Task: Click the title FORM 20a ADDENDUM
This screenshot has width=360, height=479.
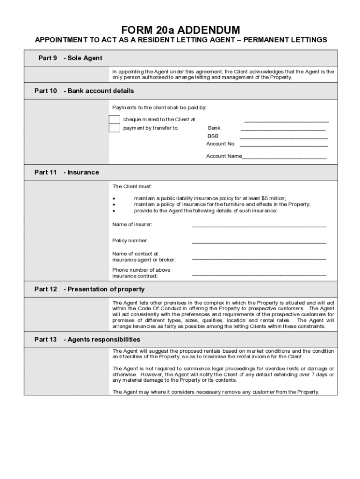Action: (180, 30)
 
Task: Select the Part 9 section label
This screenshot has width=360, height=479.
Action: (48, 58)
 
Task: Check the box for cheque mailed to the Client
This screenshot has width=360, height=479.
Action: (114, 119)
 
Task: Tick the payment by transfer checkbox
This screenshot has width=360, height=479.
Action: (114, 128)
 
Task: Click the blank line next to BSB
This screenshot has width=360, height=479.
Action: (284, 138)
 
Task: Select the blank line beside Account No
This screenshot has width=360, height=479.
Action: (284, 146)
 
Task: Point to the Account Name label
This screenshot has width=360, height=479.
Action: (224, 156)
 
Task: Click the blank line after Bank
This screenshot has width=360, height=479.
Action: (283, 130)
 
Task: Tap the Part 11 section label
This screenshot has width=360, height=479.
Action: (46, 172)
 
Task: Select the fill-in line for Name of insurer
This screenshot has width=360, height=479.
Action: (259, 226)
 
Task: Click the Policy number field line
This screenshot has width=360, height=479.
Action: (259, 242)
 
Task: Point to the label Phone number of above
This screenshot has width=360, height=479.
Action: (141, 270)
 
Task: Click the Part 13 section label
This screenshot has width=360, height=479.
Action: (46, 339)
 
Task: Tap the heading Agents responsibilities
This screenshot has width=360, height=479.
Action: (102, 339)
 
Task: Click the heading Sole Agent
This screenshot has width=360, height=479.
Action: (83, 58)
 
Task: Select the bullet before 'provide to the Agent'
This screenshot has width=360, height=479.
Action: (114, 210)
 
